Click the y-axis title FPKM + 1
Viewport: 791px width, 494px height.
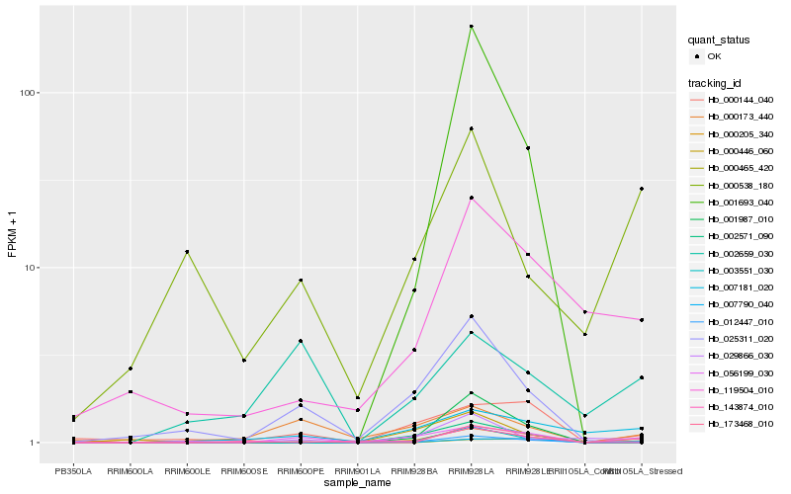(x=13, y=235)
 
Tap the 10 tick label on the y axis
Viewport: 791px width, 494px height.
(x=29, y=268)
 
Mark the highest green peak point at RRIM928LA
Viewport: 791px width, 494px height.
(x=472, y=27)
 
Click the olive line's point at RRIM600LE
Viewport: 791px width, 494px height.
(x=187, y=252)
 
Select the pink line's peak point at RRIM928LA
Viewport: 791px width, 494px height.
(x=472, y=198)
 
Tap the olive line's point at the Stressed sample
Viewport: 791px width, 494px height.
(x=642, y=189)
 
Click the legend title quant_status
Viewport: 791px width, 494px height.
(x=719, y=41)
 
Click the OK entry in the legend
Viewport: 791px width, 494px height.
(x=728, y=56)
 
